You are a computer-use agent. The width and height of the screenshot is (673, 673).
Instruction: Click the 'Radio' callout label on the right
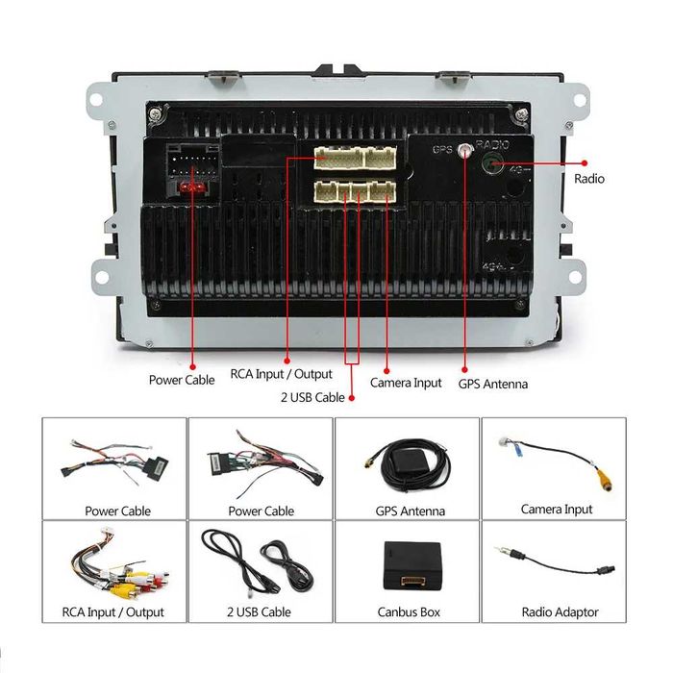coord(589,179)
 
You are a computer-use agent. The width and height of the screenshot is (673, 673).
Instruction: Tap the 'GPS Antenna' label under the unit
coord(492,384)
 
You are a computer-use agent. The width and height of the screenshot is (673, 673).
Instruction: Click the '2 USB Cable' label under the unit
coord(312,397)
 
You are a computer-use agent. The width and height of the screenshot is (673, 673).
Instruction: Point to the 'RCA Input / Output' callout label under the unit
coord(281,374)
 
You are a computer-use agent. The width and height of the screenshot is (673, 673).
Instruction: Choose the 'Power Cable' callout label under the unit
coord(182,380)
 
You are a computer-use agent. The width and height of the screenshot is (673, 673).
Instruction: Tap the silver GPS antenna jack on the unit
coord(466,150)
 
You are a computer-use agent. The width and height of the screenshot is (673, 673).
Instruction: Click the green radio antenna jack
coord(492,163)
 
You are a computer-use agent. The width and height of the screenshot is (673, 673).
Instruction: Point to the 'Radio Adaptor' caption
coord(560,612)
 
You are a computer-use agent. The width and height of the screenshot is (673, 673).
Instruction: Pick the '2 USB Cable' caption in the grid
coord(259,612)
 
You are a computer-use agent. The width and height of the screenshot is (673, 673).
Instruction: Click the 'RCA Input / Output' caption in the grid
coord(113,612)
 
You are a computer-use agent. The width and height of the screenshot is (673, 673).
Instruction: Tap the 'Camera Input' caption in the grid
coord(557,509)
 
